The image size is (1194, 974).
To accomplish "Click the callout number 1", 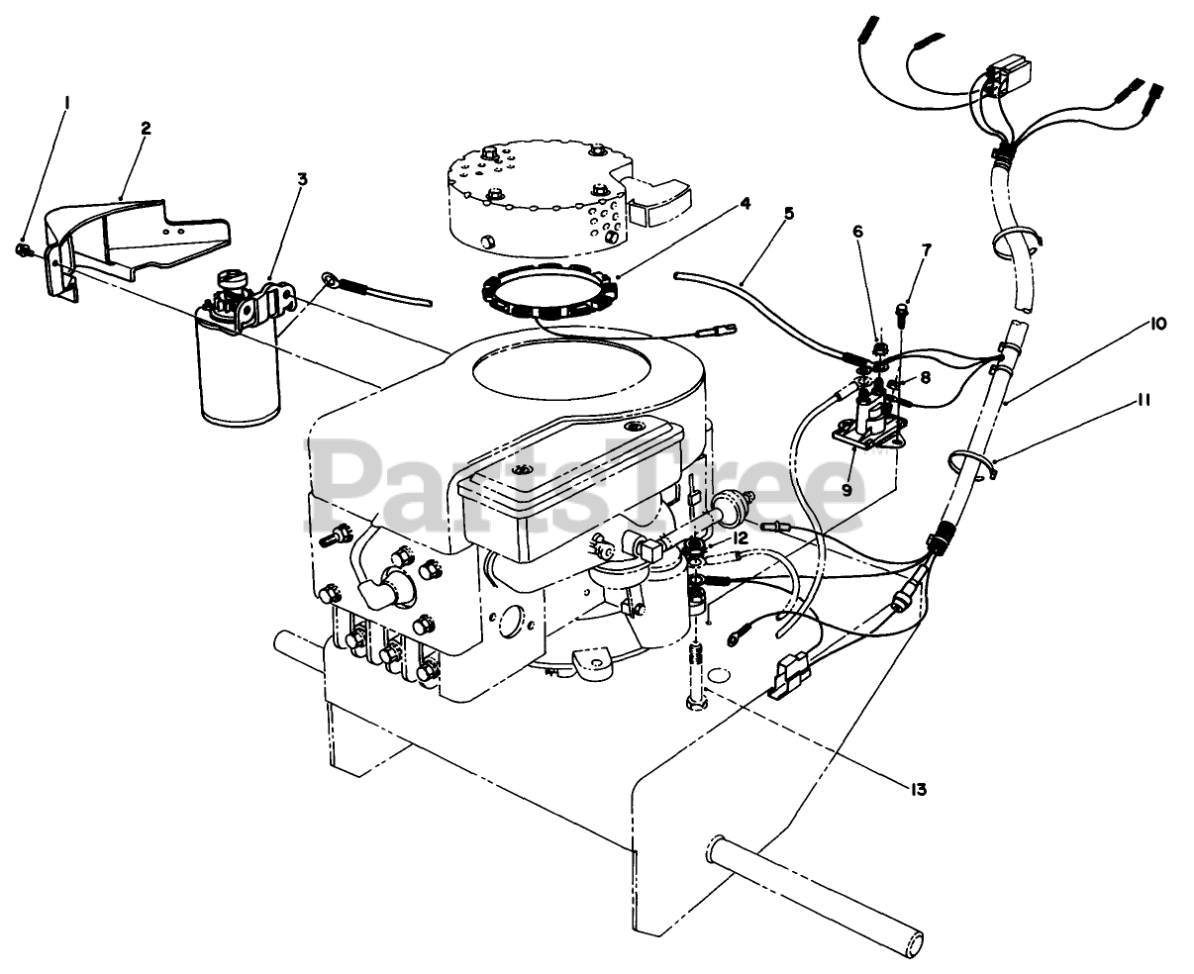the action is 66,103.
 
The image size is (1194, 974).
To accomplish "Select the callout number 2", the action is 145,129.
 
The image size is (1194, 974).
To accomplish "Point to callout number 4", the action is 745,204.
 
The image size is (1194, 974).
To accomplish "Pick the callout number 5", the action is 787,212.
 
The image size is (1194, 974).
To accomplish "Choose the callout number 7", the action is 926,249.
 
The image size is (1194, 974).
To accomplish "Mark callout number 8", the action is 925,376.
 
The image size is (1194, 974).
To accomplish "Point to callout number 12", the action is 740,536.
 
